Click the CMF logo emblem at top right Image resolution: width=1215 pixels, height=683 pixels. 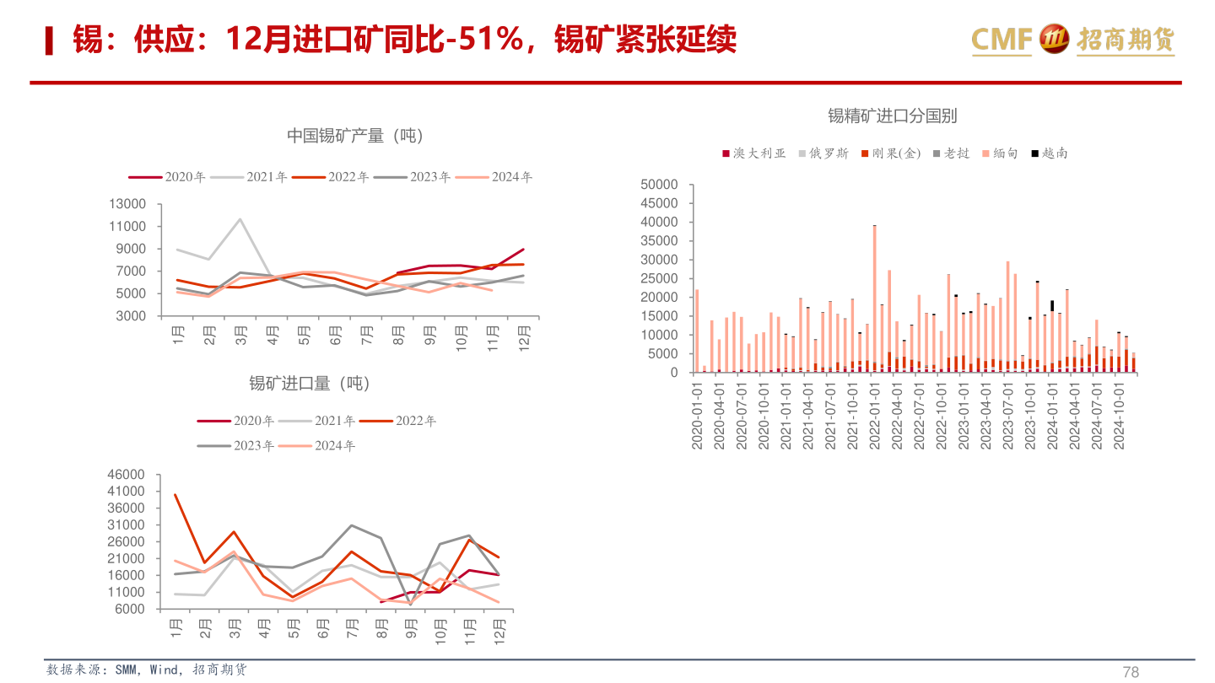tap(1055, 38)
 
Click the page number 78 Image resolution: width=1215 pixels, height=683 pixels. tap(1131, 672)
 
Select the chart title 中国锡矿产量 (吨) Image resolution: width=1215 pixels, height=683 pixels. tap(354, 136)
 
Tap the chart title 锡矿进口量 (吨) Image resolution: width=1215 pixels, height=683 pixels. tap(309, 384)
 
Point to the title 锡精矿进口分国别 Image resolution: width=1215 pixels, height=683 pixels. tap(892, 116)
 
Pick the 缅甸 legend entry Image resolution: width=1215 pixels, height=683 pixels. tap(999, 153)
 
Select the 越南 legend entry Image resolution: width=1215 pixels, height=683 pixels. tap(1049, 153)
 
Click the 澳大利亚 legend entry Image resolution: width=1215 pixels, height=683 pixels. tap(753, 153)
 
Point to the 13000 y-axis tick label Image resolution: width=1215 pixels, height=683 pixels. tap(127, 204)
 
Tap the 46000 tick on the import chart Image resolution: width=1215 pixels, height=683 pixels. tap(127, 475)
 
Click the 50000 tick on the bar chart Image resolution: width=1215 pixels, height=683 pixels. tap(659, 185)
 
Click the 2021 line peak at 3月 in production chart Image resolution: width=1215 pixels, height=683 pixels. tap(240, 219)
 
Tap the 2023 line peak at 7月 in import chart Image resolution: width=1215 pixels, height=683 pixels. tap(351, 525)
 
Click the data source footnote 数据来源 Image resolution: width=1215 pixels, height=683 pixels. tap(147, 670)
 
